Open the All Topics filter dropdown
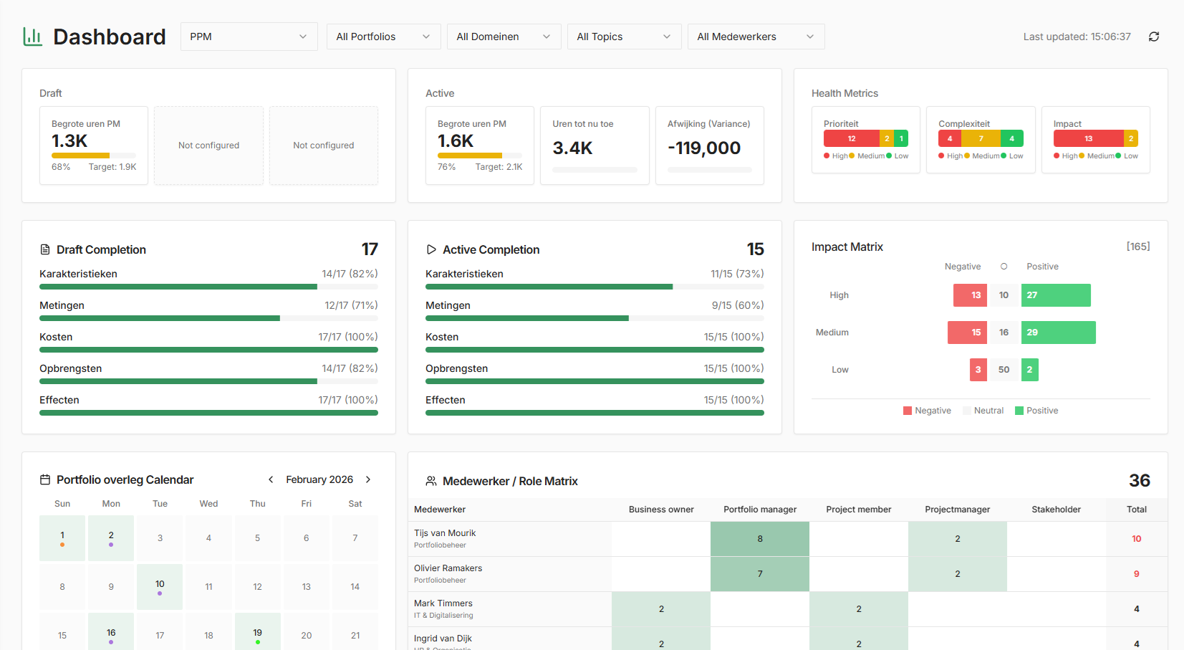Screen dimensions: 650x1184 (624, 37)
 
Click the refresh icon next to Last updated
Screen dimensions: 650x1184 (1153, 37)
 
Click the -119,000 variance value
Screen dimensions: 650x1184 (704, 148)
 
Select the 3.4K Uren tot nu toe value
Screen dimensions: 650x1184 (572, 148)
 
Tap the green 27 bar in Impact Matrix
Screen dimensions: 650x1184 (1056, 295)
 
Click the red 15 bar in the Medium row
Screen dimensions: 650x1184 (967, 333)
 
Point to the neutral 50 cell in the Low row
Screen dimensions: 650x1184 (1003, 370)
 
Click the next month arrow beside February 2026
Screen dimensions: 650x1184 (368, 479)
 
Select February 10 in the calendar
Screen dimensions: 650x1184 (160, 586)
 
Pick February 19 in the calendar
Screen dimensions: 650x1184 (257, 634)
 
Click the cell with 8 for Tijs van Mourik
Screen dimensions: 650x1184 (759, 539)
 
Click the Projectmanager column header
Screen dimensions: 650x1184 (957, 510)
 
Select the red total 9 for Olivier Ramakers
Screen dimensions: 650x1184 (1136, 574)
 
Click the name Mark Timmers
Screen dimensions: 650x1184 (443, 603)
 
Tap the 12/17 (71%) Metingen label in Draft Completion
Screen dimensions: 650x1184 (351, 305)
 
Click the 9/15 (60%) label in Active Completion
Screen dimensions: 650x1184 (737, 305)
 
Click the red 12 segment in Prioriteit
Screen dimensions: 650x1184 (851, 138)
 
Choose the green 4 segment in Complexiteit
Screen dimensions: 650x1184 (1011, 138)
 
